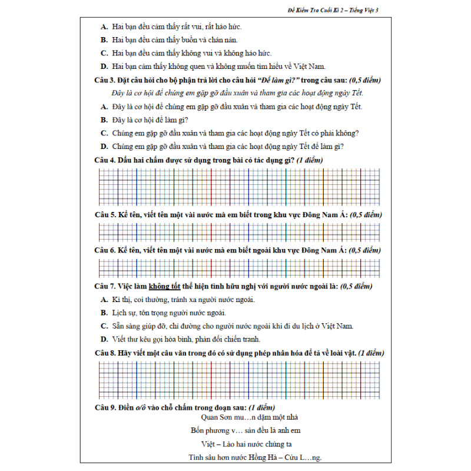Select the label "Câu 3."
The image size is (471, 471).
[104, 80]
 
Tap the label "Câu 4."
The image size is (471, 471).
[104, 160]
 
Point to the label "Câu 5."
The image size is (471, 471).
[104, 215]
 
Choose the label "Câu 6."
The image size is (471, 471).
[104, 250]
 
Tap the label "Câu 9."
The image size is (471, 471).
[104, 407]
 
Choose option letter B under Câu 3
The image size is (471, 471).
[104, 120]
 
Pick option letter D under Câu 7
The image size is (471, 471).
[104, 339]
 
